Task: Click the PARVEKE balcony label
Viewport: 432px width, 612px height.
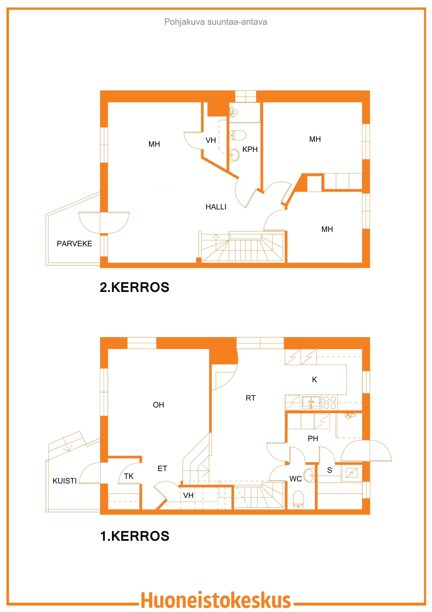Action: (x=75, y=243)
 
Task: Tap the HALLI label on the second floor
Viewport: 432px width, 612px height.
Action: (x=216, y=207)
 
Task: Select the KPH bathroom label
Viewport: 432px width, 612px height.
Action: (x=250, y=149)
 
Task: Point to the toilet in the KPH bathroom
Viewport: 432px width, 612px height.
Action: (x=238, y=135)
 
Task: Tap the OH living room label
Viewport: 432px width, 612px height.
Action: (x=158, y=405)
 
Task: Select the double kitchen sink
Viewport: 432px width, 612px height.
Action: (x=311, y=402)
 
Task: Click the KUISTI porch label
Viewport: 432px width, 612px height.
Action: (x=65, y=481)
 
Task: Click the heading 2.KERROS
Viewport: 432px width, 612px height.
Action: (x=134, y=287)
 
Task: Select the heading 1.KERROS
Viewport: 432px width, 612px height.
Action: (x=134, y=536)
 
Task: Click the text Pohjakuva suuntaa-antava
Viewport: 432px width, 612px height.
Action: (x=216, y=22)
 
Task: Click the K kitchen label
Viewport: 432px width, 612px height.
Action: (x=314, y=380)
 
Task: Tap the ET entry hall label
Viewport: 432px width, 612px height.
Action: (x=162, y=469)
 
